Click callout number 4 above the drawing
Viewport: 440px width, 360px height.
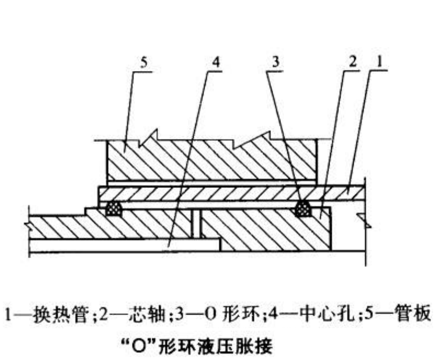(x=216, y=63)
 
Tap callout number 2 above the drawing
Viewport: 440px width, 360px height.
(x=352, y=62)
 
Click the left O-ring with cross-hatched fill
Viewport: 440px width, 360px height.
(x=114, y=209)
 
